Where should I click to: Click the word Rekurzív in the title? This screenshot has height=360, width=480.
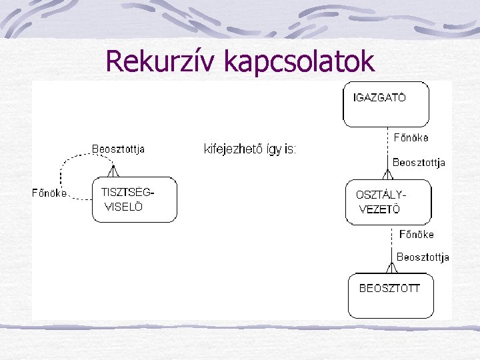(x=162, y=61)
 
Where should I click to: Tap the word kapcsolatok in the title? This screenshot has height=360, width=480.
(x=299, y=61)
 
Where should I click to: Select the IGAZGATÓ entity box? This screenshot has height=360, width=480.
(x=386, y=104)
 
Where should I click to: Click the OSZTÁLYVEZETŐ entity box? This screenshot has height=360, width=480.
(x=389, y=202)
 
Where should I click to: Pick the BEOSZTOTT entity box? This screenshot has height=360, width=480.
(x=391, y=295)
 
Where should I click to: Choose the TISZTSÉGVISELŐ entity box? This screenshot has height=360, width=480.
(x=134, y=199)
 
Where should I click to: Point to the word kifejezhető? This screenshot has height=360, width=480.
(x=233, y=149)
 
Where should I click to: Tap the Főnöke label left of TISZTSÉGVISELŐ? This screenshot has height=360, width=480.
(x=49, y=193)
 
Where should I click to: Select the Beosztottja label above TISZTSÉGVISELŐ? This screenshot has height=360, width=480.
(x=118, y=148)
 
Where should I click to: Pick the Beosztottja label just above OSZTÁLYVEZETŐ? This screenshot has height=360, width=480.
(x=419, y=162)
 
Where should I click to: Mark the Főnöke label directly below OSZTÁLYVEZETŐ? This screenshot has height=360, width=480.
(x=416, y=234)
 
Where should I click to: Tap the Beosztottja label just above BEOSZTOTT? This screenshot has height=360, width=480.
(x=423, y=257)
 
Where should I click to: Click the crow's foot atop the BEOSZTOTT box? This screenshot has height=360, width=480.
(x=391, y=268)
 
